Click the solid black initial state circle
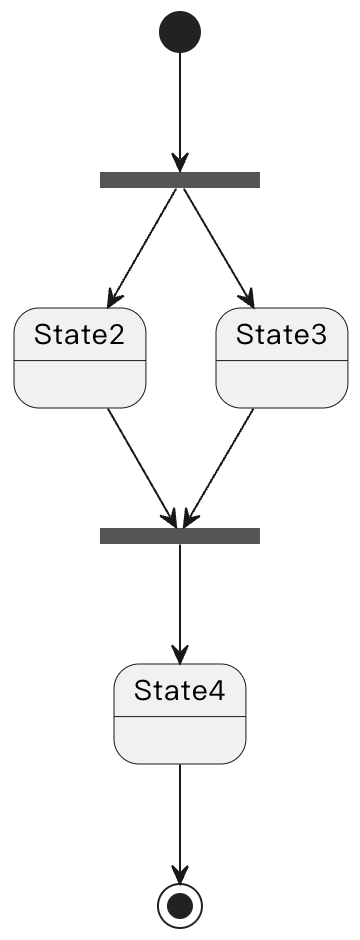(180, 32)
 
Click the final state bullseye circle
(180, 905)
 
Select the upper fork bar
(180, 180)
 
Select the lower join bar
(180, 536)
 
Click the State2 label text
(80, 335)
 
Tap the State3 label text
(281, 335)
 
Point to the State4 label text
(180, 690)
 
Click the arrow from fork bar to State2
(143, 246)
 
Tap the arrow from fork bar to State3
(216, 246)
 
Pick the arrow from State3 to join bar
(220, 466)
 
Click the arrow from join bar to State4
(180, 600)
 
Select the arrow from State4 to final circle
(180, 820)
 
